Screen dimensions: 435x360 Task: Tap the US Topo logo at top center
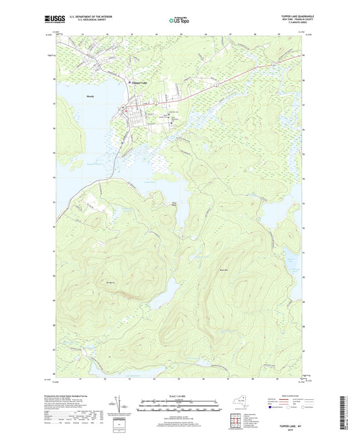[180, 20]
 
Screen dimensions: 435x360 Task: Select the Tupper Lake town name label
[138, 83]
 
